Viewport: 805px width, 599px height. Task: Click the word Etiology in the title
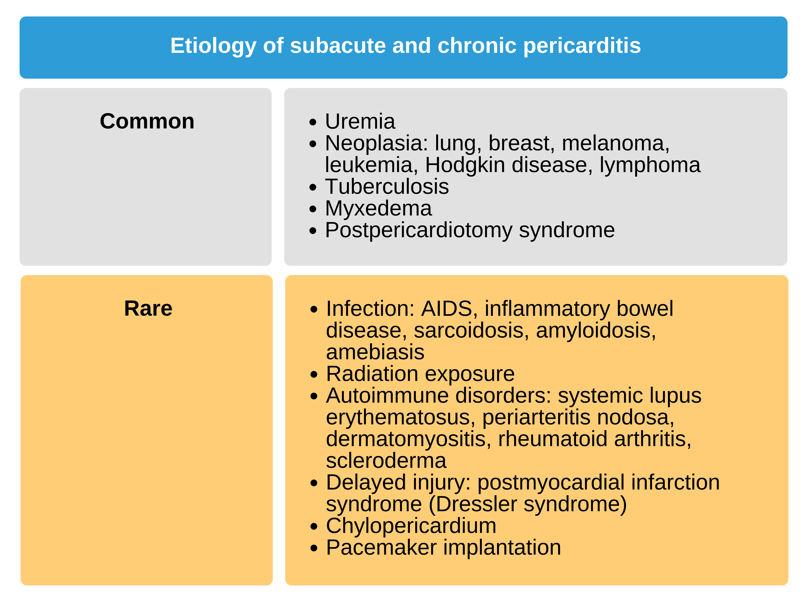click(x=213, y=46)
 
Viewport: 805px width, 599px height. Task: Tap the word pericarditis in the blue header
click(x=582, y=46)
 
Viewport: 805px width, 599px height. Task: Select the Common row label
click(x=147, y=121)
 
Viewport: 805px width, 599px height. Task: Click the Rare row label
click(x=148, y=309)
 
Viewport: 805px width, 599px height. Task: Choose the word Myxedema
click(x=378, y=209)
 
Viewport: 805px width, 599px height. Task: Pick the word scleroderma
click(x=386, y=461)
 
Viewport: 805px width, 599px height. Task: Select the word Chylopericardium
click(x=411, y=526)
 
